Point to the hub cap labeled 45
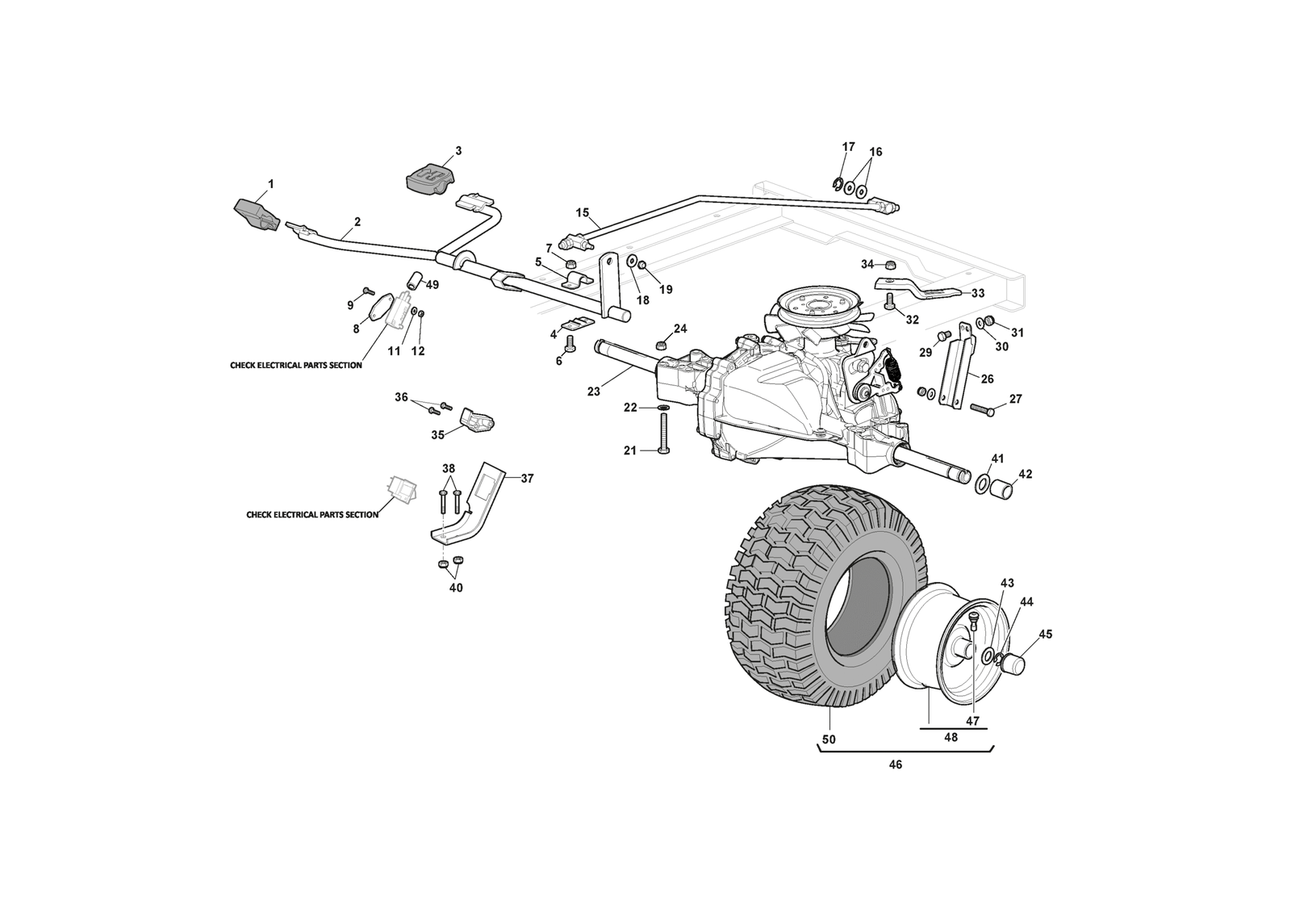[1013, 664]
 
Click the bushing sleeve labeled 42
[1001, 490]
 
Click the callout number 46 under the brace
[895, 765]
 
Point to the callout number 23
[594, 392]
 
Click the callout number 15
[582, 212]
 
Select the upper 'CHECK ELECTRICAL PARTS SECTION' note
[296, 366]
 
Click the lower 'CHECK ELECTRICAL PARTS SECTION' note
[312, 514]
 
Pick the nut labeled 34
[891, 265]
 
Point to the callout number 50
[829, 739]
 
